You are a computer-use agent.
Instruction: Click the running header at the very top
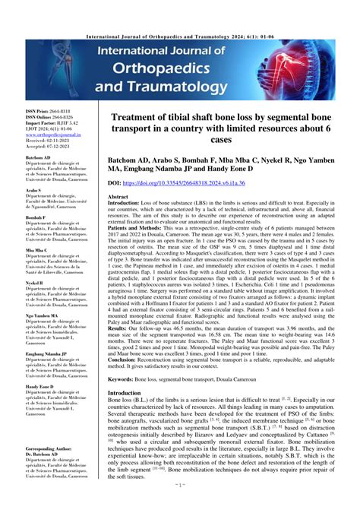click(179, 5)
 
